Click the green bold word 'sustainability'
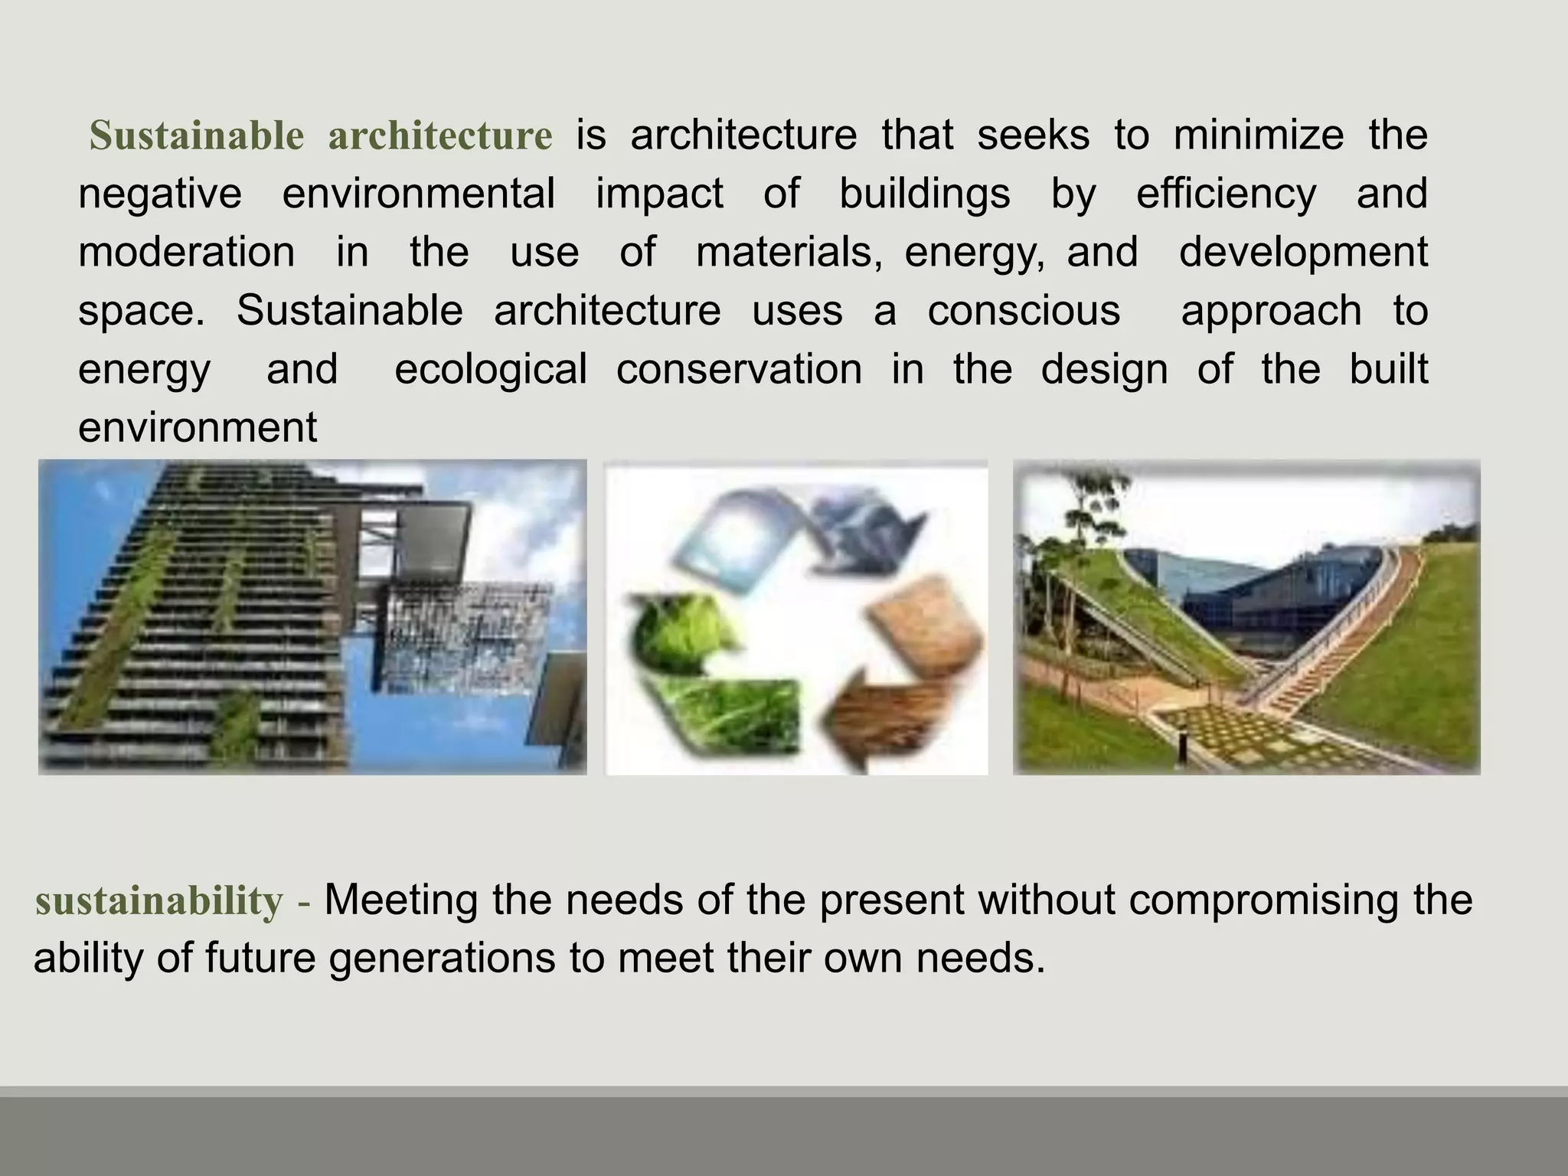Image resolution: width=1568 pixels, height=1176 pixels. tap(159, 900)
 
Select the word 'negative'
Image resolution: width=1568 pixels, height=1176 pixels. tap(160, 193)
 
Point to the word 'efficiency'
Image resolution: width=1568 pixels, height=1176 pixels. tap(1226, 193)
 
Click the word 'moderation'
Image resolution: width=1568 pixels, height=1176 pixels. tap(186, 252)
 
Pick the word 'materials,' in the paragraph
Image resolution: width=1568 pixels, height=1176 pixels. tap(789, 252)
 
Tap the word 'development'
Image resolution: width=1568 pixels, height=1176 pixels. tap(1303, 252)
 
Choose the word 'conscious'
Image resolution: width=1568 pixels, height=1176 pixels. tap(1024, 311)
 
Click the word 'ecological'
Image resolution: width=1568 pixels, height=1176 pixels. tap(490, 369)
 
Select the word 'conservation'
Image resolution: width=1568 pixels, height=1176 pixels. tap(739, 369)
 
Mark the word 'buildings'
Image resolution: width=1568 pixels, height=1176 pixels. tap(924, 193)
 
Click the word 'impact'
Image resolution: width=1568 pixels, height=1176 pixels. tap(659, 193)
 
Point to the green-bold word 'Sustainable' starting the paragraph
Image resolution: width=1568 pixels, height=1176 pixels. tap(197, 136)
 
